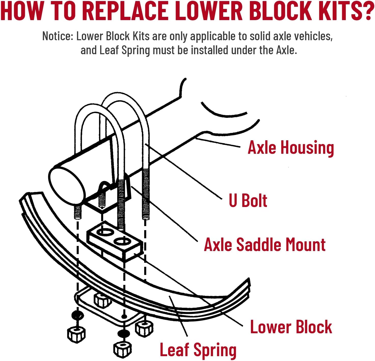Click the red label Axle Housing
291,148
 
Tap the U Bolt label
248,201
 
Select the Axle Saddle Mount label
265,245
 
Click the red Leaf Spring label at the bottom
198,350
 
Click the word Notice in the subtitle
58,36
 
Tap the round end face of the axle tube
66,184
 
